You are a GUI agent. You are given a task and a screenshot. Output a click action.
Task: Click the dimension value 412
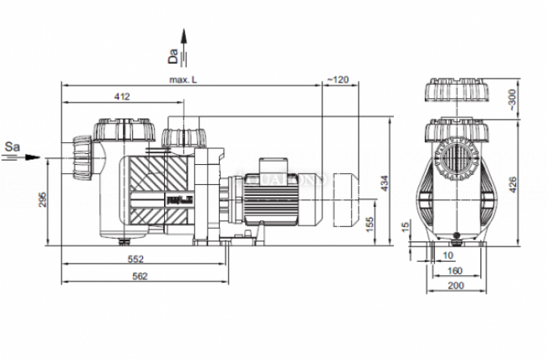coord(122,97)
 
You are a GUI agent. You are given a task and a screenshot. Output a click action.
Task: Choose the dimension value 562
coord(141,276)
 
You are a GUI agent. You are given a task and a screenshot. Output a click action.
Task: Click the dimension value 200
coord(454,287)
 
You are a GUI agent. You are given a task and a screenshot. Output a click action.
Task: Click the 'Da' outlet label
coord(172,57)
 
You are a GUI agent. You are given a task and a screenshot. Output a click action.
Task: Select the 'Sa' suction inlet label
coord(13,146)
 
